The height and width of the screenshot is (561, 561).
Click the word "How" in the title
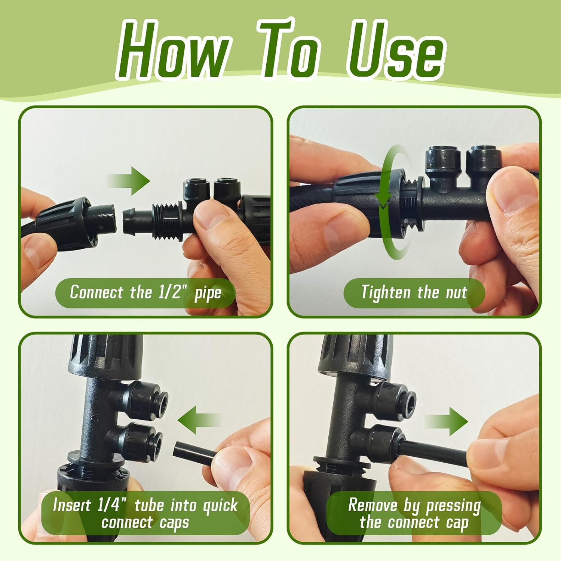click(174, 50)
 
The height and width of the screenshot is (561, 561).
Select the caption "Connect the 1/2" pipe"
click(145, 292)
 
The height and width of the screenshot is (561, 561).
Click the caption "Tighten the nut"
click(414, 292)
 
